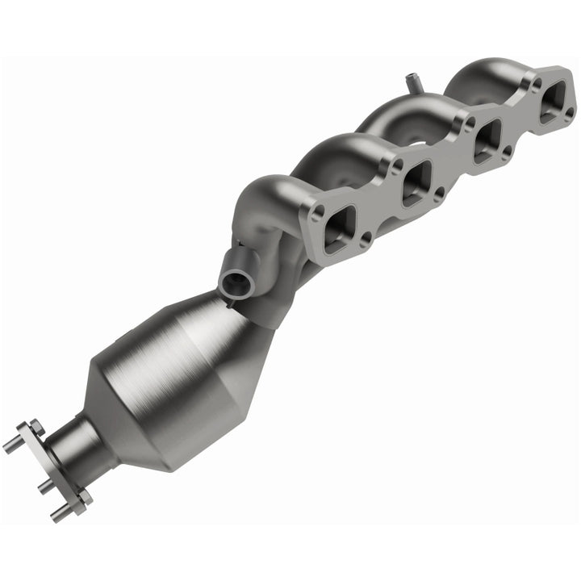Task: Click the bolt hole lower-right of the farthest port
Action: [569, 112]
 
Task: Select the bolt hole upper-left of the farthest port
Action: [535, 83]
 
